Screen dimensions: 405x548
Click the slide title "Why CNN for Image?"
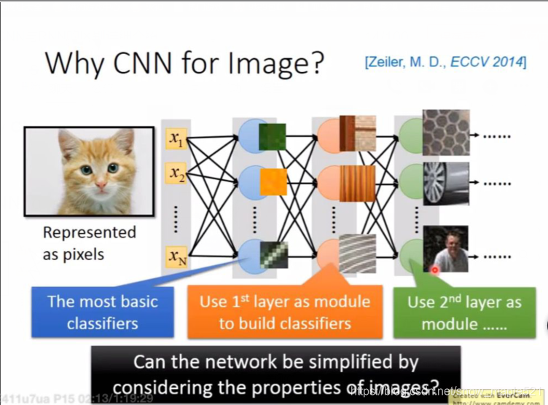point(184,63)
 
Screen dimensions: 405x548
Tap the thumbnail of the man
point(445,249)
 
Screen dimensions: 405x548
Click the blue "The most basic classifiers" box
point(102,312)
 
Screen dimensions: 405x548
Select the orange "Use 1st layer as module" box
point(284,312)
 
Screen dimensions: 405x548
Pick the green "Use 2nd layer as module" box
point(463,312)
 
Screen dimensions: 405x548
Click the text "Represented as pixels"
point(90,243)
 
